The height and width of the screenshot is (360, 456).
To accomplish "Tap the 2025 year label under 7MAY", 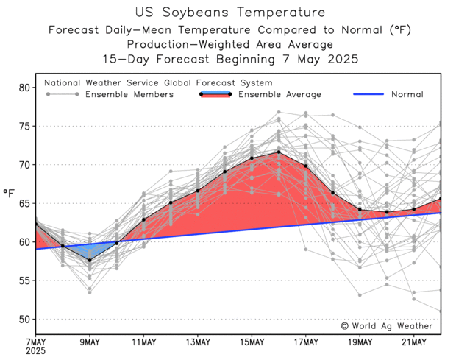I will (x=36, y=352).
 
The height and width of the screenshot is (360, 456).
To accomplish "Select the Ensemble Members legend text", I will (x=129, y=94).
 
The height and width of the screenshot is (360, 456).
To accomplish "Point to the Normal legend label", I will (x=407, y=94).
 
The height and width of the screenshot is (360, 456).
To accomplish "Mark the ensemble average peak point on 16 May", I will (x=279, y=152).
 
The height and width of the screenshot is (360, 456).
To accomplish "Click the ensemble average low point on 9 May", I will (x=90, y=260).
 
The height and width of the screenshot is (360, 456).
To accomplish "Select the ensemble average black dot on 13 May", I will (x=198, y=191).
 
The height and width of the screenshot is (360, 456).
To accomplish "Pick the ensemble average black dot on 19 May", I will (x=360, y=209).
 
